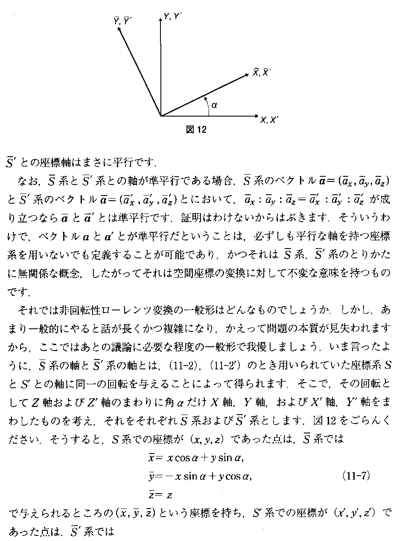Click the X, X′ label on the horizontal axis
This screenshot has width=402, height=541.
click(269, 120)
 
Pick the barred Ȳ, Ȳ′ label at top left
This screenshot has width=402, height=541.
click(122, 20)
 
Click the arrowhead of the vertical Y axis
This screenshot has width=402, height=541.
click(160, 18)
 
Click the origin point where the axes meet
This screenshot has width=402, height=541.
click(161, 116)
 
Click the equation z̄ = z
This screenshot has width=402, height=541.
click(157, 495)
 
